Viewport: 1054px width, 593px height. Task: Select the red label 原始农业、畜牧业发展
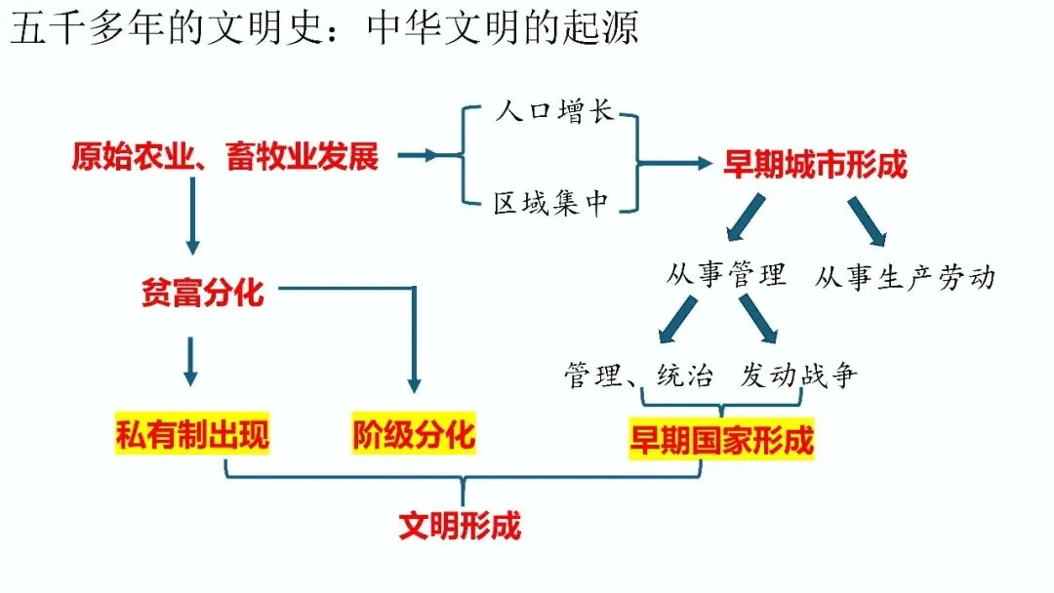224,156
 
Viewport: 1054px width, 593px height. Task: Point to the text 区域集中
551,204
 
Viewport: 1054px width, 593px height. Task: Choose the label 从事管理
726,275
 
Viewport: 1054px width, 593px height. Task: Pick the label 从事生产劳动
905,277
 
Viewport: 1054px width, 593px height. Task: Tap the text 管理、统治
638,376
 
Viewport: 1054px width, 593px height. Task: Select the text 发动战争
798,376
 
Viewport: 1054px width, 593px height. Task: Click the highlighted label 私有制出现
191,435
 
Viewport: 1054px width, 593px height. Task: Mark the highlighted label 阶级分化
414,435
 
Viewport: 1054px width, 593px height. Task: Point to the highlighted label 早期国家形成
720,441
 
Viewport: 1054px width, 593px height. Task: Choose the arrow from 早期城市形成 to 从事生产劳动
867,220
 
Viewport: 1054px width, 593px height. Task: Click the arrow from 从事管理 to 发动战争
758,319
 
